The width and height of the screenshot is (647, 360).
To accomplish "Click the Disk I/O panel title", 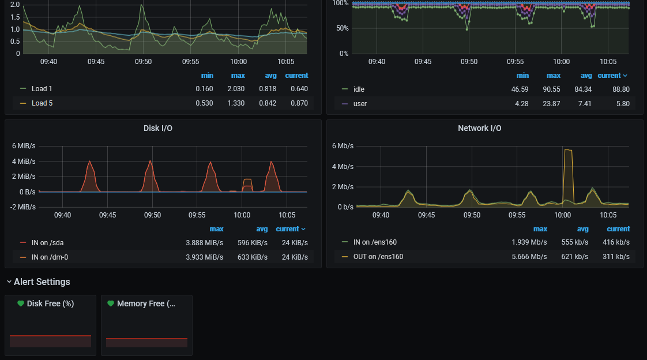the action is (157, 129).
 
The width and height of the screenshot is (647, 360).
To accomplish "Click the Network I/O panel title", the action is (479, 129).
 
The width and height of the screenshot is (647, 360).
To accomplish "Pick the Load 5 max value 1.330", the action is (236, 103).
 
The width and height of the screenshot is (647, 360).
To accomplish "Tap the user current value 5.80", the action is (623, 104).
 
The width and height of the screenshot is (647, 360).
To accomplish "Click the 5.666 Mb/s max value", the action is (529, 257).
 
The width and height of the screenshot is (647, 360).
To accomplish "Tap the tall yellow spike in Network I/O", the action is (568, 175).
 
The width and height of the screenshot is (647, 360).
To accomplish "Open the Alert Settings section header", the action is (42, 282).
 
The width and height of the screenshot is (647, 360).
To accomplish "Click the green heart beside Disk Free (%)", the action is (21, 303).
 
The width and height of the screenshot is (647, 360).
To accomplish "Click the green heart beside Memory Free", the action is (111, 303).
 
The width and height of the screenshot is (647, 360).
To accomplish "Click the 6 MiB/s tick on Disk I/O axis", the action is (24, 146).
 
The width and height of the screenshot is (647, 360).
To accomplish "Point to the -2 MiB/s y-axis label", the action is (22, 207).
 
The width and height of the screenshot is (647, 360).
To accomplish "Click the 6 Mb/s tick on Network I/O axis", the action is (343, 146).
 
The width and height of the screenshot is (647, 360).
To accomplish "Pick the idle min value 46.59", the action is (520, 89).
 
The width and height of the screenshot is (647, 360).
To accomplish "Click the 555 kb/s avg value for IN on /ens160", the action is (575, 242).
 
